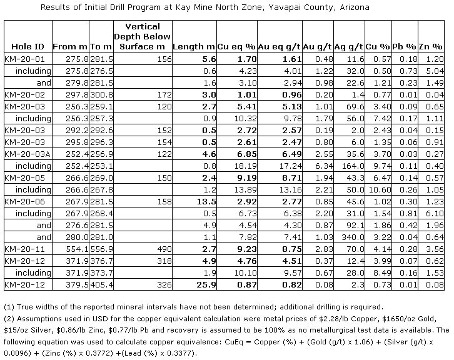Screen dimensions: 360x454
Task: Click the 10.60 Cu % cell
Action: [x=378, y=190]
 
